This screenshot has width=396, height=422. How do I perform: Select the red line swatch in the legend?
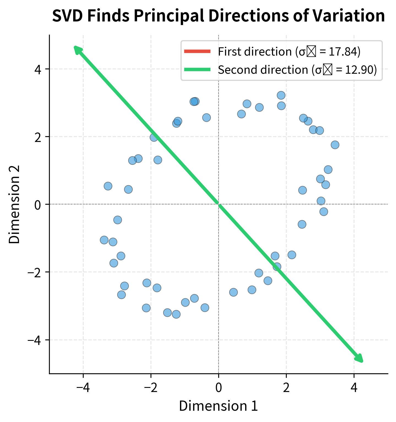point(197,51)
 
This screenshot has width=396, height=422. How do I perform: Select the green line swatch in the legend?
point(197,70)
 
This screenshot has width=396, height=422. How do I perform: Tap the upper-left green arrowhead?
point(78,50)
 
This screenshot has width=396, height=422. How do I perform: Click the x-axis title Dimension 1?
point(218,406)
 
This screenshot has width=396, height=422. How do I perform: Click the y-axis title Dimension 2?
point(14,204)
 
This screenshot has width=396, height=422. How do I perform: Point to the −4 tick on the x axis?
point(83,388)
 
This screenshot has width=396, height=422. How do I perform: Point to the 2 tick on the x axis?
point(286,388)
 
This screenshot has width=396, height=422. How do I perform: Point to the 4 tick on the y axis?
point(38,69)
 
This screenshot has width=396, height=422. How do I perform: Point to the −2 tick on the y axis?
point(34,272)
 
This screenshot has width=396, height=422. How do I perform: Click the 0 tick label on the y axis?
point(38,204)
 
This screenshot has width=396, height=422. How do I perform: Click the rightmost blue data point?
point(335,145)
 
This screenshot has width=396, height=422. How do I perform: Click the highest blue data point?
point(281,95)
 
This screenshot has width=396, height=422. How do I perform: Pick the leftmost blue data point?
point(104,240)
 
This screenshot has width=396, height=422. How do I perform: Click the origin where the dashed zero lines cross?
point(219,204)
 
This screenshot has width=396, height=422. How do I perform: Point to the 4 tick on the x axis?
point(354,388)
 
